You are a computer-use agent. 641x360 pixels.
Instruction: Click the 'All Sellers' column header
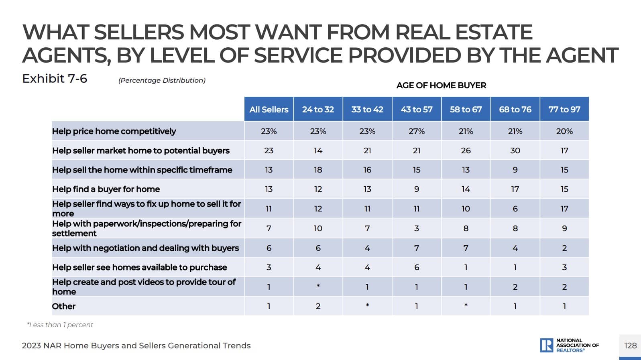[269, 109]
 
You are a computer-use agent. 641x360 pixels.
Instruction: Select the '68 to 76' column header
[515, 109]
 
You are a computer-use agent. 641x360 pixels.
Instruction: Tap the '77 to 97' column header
[564, 109]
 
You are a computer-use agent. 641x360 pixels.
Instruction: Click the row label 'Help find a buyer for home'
[106, 189]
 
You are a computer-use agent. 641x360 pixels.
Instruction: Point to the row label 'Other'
[64, 306]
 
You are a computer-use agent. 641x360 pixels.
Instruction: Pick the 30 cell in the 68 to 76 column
[515, 151]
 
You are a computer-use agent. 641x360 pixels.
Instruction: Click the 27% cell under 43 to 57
[416, 131]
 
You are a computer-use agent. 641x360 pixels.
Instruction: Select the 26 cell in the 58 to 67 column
[466, 151]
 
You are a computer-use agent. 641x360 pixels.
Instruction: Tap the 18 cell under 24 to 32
[318, 170]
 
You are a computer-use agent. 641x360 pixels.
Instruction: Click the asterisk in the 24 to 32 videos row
[318, 286]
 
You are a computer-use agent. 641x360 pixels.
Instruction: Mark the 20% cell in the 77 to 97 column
[564, 131]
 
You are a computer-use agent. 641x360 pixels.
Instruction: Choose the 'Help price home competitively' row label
[114, 131]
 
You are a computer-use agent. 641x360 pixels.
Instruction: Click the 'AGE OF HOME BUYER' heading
[441, 85]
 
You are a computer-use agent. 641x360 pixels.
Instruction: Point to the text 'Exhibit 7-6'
[55, 79]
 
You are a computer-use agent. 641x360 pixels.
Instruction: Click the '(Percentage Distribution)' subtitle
[162, 80]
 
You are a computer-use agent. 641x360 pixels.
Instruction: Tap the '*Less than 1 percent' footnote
[60, 325]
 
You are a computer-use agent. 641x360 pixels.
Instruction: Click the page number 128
[630, 346]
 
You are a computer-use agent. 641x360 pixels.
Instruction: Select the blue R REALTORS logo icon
[546, 345]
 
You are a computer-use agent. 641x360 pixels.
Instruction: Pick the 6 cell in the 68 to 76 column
[515, 209]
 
